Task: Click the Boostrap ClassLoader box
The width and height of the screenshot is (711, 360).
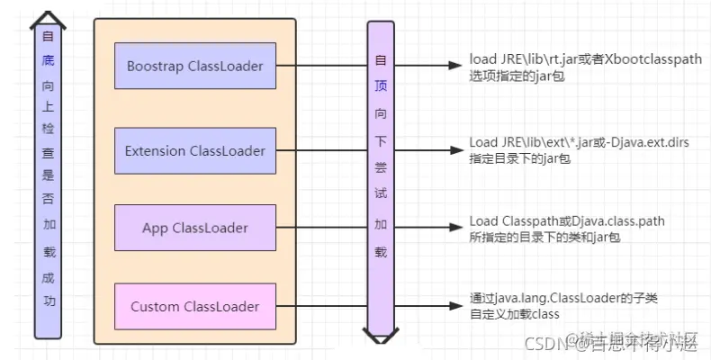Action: [x=195, y=67]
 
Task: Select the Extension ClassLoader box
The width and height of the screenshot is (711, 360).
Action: [x=195, y=150]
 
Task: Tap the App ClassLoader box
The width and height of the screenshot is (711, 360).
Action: [x=195, y=228]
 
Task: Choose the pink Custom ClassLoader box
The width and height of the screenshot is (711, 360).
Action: [x=195, y=306]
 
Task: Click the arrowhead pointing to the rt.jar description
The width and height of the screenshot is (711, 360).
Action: [x=454, y=66]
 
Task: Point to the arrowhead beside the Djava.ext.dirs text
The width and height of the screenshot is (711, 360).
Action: [x=454, y=150]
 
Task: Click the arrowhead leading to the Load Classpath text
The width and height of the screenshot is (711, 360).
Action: [x=454, y=229]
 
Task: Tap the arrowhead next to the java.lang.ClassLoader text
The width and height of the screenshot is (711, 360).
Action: [x=454, y=307]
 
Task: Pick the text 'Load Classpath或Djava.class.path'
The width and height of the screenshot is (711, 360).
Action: [x=567, y=221]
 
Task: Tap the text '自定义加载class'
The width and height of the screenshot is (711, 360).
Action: [x=514, y=314]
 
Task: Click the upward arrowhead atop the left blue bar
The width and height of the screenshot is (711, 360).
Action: [x=47, y=18]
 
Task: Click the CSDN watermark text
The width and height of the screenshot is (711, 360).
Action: [x=545, y=342]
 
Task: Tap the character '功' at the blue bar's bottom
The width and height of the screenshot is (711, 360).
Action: [x=47, y=301]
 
